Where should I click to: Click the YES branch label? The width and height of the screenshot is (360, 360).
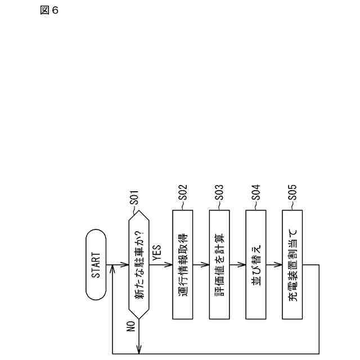click(157, 254)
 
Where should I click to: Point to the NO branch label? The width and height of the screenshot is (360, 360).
click(130, 327)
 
